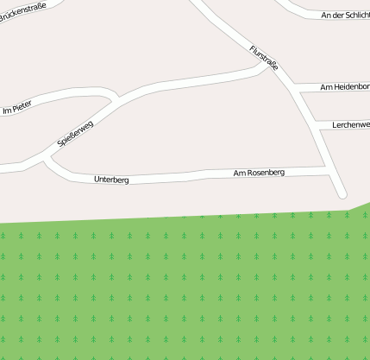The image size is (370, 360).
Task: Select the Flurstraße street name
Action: (x=264, y=59)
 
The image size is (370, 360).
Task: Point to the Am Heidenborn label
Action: (x=344, y=87)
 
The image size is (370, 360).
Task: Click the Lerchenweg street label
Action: (x=350, y=125)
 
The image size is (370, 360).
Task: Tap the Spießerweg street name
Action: (x=75, y=132)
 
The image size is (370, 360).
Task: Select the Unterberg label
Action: (x=111, y=180)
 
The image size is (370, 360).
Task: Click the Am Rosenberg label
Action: (x=259, y=174)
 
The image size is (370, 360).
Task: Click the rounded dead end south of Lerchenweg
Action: (x=342, y=193)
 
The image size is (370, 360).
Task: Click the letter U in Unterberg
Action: (x=97, y=180)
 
